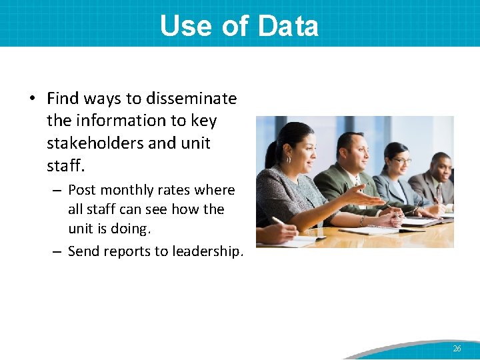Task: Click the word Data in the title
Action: coord(288,26)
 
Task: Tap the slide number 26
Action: coord(457,349)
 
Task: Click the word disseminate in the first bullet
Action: coord(191,99)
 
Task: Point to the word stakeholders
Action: coord(93,143)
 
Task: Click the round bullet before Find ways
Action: coord(32,99)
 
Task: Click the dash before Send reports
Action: coord(57,251)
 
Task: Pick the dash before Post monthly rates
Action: coord(57,191)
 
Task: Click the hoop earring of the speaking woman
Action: coord(289,160)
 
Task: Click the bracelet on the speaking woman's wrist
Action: coord(362,221)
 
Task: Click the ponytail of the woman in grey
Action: coord(271,155)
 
